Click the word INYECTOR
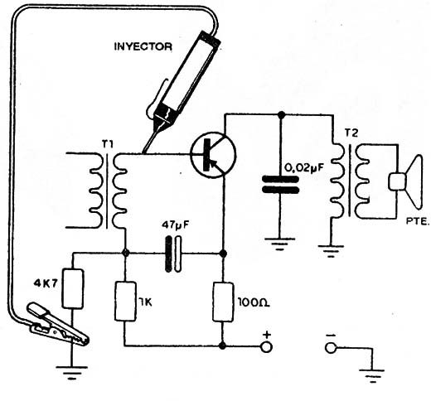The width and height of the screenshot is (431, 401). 143,46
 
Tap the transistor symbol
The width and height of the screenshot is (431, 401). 213,154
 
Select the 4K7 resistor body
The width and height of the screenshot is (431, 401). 73,288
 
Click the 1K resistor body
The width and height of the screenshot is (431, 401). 125,302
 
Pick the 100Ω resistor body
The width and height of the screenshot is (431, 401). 223,302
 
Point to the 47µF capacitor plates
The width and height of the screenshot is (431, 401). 173,254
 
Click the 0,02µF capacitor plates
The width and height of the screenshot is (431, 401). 280,184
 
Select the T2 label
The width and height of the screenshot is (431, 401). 351,133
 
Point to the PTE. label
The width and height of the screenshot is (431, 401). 417,221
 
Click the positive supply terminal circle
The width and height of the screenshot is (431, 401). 266,347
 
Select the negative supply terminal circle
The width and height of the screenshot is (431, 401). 331,347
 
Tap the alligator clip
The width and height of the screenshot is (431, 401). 57,324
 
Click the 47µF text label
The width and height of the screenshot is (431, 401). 176,225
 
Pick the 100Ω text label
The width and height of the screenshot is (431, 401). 254,303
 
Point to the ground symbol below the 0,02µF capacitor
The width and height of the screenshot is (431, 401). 280,244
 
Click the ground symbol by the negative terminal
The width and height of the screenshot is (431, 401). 372,376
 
